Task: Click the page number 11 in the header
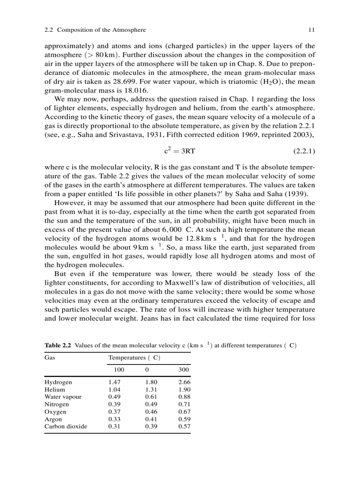click(x=311, y=30)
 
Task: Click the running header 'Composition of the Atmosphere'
click(x=101, y=30)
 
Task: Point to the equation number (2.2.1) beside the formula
click(x=304, y=151)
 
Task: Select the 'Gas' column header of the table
click(x=50, y=357)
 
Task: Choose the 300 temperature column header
click(x=184, y=369)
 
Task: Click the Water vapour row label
click(x=63, y=397)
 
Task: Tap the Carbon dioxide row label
click(x=66, y=426)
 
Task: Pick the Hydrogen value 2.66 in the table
click(x=184, y=382)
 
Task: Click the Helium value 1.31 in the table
click(x=151, y=390)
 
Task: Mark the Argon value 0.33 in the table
click(x=114, y=419)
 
